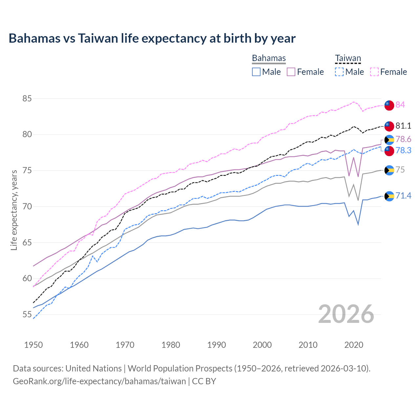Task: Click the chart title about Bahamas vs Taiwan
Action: [152, 38]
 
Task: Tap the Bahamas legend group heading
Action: [269, 58]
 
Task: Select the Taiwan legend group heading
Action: [348, 58]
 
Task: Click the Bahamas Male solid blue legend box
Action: [256, 72]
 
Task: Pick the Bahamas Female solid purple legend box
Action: [291, 72]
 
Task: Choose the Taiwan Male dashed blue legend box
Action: [339, 72]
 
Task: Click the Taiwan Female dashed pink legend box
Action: [374, 72]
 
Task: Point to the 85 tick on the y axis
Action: [27, 98]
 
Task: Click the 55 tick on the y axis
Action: [27, 315]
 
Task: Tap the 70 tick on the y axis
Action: [27, 206]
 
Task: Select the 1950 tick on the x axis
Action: [33, 345]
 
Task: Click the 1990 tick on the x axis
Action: [217, 345]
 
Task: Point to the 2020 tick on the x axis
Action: [354, 345]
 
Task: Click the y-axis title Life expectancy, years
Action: [14, 210]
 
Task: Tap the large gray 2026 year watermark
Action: [346, 314]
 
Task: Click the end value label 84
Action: [400, 105]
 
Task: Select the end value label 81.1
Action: [403, 126]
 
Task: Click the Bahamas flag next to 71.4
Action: [389, 196]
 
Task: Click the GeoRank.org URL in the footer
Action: [99, 381]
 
